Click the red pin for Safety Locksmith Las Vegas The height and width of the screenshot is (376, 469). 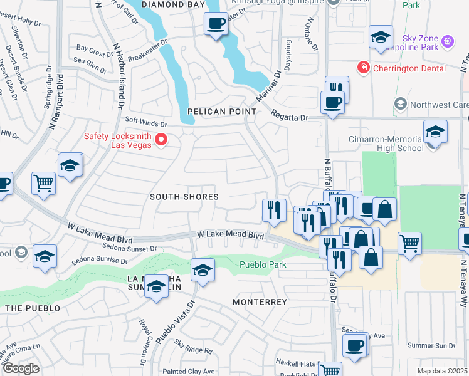point(161,140)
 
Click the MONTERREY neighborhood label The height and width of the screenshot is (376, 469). point(260,302)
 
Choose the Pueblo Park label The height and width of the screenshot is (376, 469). point(263,264)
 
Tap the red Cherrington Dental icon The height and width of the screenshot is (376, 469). point(362,68)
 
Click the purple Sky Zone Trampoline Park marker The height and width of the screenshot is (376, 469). point(447,41)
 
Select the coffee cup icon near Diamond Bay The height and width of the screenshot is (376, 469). point(216,24)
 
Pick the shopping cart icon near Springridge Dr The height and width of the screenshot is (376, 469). point(44,183)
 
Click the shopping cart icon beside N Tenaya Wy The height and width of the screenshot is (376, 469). point(409,242)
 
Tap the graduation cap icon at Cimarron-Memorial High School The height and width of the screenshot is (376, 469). point(435,133)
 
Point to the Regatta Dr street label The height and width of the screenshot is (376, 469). point(291,117)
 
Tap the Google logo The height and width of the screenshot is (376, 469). point(21,368)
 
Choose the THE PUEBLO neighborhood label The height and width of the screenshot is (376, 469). point(33,308)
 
